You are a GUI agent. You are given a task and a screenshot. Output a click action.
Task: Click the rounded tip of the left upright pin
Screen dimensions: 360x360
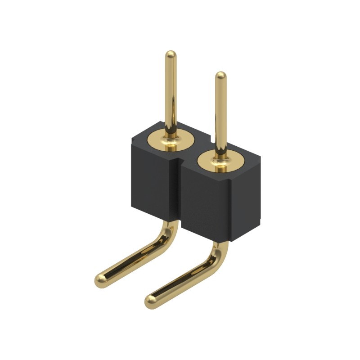tap(171, 54)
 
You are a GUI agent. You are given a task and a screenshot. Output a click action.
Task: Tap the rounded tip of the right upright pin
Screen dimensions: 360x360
tap(220, 75)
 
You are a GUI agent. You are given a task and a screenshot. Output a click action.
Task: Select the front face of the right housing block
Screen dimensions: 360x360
tap(205, 207)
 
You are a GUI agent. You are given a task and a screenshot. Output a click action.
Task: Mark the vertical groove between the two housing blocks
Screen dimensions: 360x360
tap(178, 193)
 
